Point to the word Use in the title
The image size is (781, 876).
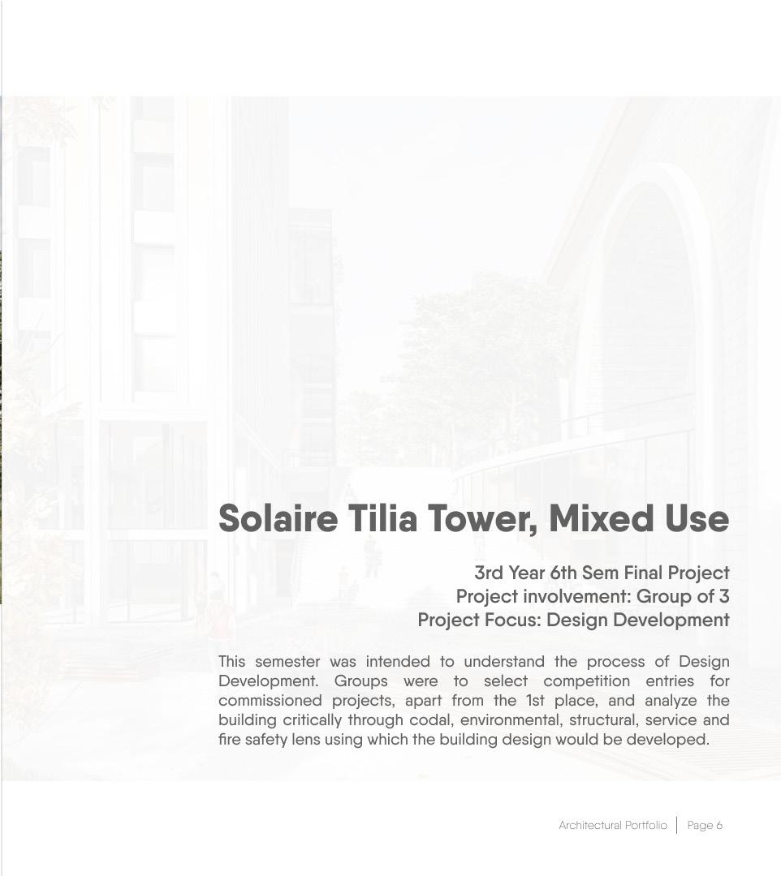coord(697,519)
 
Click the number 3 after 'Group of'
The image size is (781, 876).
coord(723,597)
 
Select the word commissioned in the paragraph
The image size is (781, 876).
coord(270,701)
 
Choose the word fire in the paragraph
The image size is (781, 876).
coord(230,740)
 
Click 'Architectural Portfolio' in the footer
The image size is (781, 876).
coord(612,826)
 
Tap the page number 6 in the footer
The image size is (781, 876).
coord(719,826)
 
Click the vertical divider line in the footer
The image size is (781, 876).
coord(676,826)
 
